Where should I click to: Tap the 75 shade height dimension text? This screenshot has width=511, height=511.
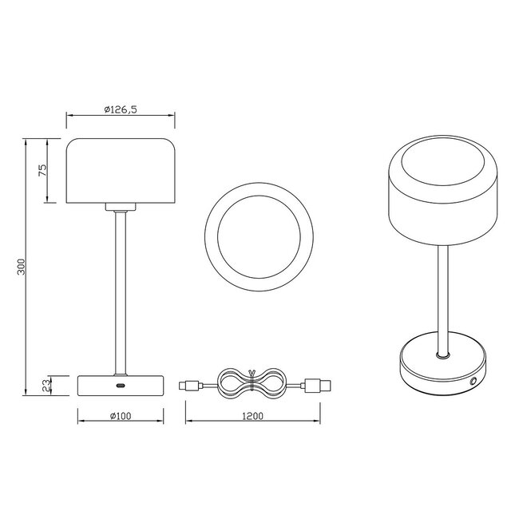click(x=43, y=169)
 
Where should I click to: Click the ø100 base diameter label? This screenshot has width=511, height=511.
click(x=120, y=416)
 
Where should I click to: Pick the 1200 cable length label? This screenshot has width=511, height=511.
click(x=252, y=416)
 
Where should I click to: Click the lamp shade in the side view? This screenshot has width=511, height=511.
click(x=121, y=169)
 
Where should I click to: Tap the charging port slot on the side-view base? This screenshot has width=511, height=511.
click(x=121, y=386)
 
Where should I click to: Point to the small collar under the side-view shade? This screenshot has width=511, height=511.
click(x=121, y=207)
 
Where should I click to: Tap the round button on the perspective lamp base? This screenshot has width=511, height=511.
click(x=474, y=382)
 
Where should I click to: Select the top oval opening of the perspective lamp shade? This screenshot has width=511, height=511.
click(x=439, y=169)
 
